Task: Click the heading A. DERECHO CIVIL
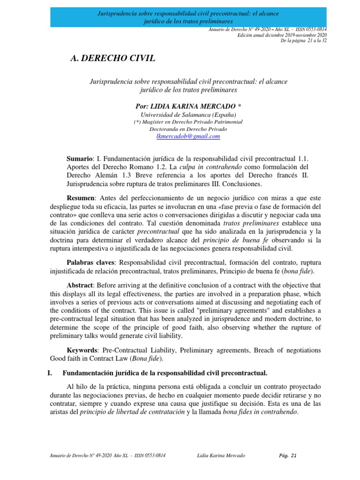point(112,58)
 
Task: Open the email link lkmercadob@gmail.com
point(188,136)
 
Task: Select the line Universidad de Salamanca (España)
point(188,115)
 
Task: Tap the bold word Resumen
point(82,198)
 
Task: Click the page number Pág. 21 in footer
point(287,455)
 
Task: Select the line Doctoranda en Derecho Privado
point(188,129)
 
